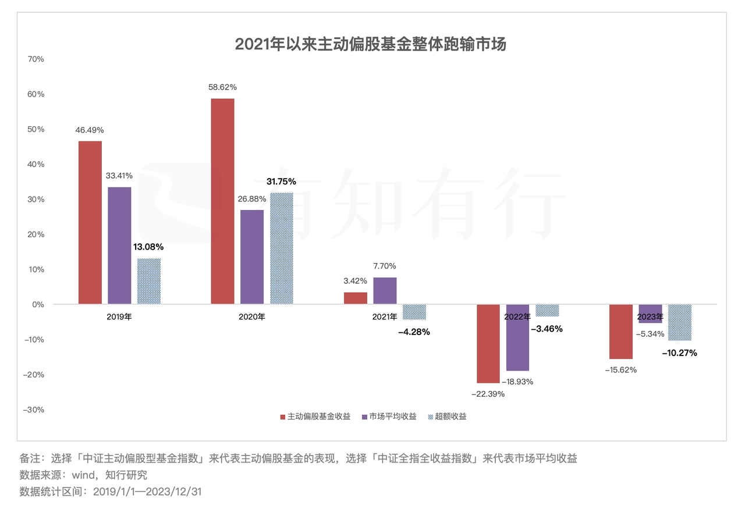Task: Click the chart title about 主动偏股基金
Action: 371,45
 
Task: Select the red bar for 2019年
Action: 90,222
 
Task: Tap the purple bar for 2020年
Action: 252,257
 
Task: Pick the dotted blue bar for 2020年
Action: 282,248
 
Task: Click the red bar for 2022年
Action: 488,343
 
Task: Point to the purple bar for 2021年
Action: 385,290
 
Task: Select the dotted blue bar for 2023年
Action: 680,322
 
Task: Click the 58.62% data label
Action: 222,87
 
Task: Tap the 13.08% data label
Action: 149,247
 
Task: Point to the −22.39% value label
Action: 488,394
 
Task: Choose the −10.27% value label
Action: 679,353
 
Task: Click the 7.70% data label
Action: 385,266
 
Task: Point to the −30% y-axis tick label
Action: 33,410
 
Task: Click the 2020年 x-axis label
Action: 252,317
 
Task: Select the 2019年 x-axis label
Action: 119,317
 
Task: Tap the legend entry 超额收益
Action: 452,417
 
